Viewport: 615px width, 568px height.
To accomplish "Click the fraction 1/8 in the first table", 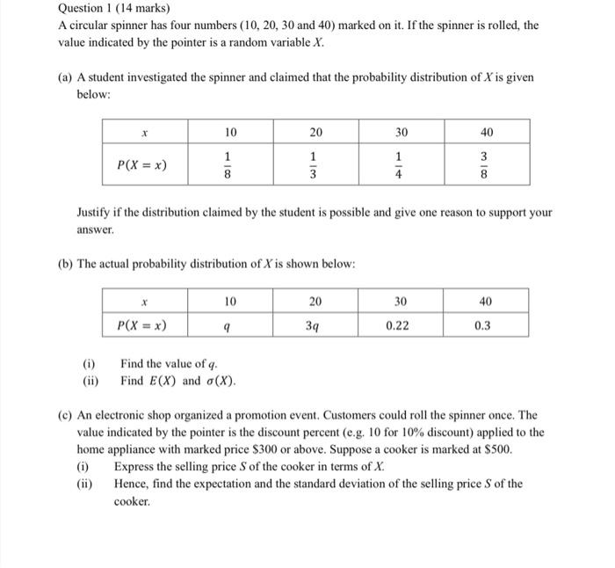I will pyautogui.click(x=230, y=165).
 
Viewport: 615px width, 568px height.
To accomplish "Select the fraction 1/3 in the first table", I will pyautogui.click(x=315, y=165).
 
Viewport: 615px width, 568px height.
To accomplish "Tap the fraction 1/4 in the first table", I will pyautogui.click(x=401, y=165).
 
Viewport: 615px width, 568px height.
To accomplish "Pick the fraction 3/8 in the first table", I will pyautogui.click(x=486, y=165).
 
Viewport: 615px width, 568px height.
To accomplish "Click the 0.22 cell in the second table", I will pyautogui.click(x=401, y=324).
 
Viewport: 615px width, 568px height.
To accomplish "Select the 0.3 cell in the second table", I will pyautogui.click(x=486, y=324).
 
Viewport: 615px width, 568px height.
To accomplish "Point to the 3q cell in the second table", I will pyautogui.click(x=315, y=324).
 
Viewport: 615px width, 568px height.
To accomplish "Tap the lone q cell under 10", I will pyautogui.click(x=229, y=325).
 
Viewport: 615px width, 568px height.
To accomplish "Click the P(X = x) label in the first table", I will pyautogui.click(x=143, y=164).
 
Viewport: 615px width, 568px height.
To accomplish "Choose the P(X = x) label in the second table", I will pyautogui.click(x=143, y=324).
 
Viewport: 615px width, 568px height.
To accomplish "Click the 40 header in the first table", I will pyautogui.click(x=486, y=132).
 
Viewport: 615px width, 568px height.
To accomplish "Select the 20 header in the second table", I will pyautogui.click(x=315, y=302).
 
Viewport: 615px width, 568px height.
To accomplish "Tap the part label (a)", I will pyautogui.click(x=65, y=78).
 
